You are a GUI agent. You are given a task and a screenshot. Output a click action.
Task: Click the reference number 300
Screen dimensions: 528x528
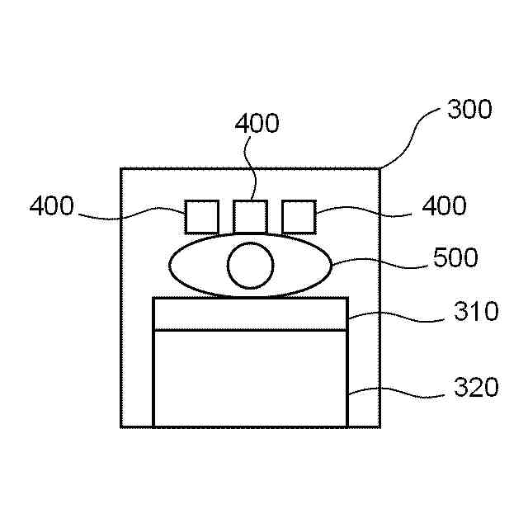pyautogui.click(x=469, y=110)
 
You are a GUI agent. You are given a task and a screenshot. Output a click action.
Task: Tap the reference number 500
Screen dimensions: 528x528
pyautogui.click(x=455, y=258)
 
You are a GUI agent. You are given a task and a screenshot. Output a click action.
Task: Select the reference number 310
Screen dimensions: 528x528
pyautogui.click(x=475, y=313)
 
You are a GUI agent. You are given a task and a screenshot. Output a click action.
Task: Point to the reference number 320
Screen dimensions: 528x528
pyautogui.click(x=475, y=386)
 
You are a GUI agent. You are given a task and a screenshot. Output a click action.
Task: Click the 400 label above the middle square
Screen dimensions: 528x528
pyautogui.click(x=257, y=124)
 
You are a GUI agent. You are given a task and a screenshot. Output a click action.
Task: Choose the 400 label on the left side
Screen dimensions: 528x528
pyautogui.click(x=51, y=205)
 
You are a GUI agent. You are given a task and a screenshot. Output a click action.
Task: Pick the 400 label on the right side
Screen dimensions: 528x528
pyautogui.click(x=444, y=205)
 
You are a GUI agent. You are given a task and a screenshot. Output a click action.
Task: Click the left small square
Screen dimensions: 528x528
pyautogui.click(x=201, y=217)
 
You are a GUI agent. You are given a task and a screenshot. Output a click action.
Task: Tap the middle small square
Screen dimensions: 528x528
pyautogui.click(x=250, y=217)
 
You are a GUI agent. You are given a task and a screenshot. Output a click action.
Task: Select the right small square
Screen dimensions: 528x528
pyautogui.click(x=299, y=217)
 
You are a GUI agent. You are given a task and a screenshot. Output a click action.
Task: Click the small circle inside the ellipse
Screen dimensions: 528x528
pyautogui.click(x=250, y=266)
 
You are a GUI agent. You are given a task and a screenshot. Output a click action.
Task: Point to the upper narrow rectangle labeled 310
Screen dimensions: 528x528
pyautogui.click(x=250, y=313)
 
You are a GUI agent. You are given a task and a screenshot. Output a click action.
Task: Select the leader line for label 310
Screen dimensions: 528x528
pyautogui.click(x=396, y=315)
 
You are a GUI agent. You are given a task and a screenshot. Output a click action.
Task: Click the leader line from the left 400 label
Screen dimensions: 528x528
pyautogui.click(x=132, y=216)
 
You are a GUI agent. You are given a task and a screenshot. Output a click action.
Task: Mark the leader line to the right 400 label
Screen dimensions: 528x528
pyautogui.click(x=363, y=214)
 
